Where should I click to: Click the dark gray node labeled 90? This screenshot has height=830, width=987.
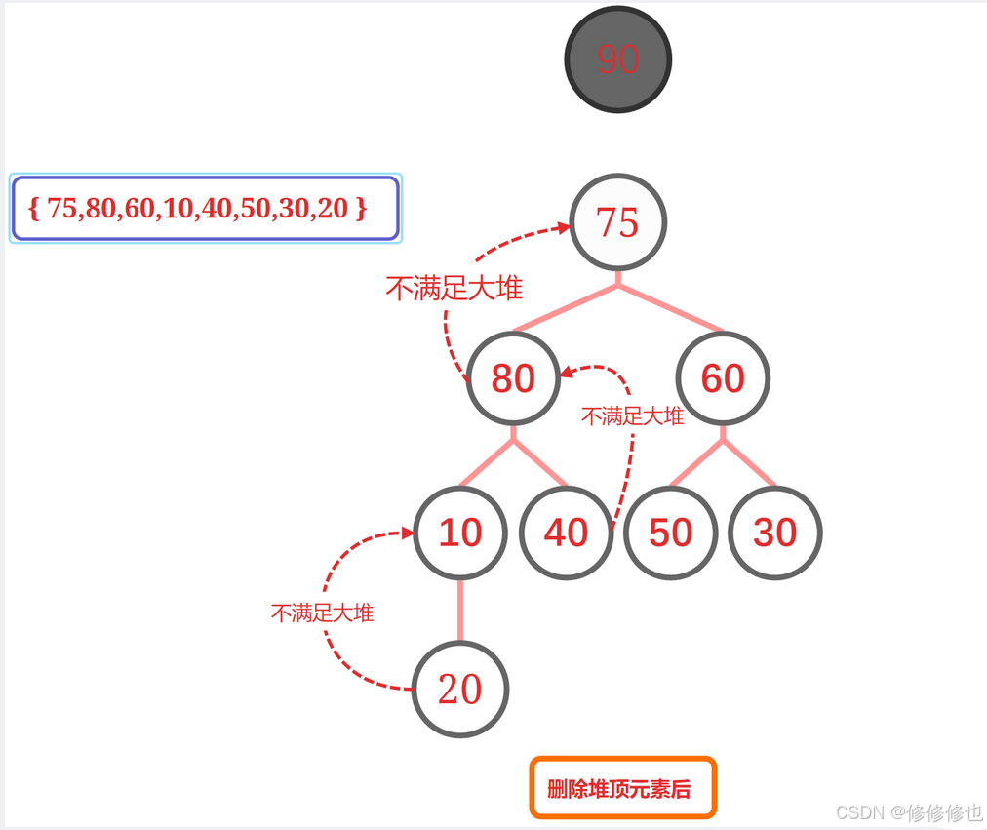[617, 59]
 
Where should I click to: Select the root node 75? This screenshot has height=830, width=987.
[617, 222]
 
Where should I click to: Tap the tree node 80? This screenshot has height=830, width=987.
[513, 378]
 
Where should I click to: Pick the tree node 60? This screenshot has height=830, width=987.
[723, 378]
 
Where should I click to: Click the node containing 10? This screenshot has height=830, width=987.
[460, 533]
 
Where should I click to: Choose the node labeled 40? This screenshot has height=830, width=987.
[566, 533]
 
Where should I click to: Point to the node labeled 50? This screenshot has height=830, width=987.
[671, 533]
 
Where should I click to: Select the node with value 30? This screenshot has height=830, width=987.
[775, 533]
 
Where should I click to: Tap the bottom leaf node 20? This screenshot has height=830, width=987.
[460, 690]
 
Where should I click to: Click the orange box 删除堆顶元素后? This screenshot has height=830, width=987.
[622, 788]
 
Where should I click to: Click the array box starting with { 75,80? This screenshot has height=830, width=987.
[205, 208]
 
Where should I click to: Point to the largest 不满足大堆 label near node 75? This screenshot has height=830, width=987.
[454, 289]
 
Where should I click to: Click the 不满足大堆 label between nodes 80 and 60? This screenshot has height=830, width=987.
[632, 416]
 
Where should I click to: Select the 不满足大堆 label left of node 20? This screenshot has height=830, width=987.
[322, 613]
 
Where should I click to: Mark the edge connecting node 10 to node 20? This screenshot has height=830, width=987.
[460, 611]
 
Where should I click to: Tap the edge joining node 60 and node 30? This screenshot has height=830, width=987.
[749, 462]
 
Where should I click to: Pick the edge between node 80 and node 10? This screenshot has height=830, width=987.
[487, 462]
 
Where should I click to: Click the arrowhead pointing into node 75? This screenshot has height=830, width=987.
[564, 228]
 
